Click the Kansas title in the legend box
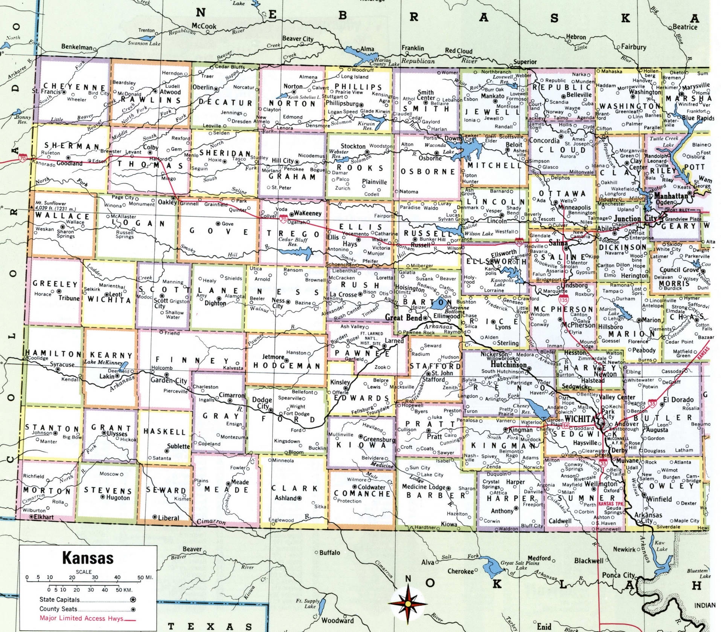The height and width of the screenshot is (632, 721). (87, 558)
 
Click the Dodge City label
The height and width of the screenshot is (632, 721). (262, 403)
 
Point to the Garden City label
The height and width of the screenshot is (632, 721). (169, 380)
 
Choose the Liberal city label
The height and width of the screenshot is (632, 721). (168, 518)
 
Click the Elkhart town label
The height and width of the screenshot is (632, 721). (44, 517)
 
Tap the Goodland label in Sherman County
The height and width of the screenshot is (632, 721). (69, 163)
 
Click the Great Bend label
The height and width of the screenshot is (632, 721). (403, 317)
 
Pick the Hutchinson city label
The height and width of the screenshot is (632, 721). (508, 365)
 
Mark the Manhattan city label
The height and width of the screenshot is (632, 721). (671, 196)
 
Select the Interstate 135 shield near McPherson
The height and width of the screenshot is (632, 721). (563, 300)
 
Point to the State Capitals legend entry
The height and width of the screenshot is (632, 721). (59, 600)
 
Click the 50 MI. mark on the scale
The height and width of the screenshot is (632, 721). (145, 577)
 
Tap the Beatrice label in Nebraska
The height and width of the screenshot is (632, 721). (685, 27)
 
